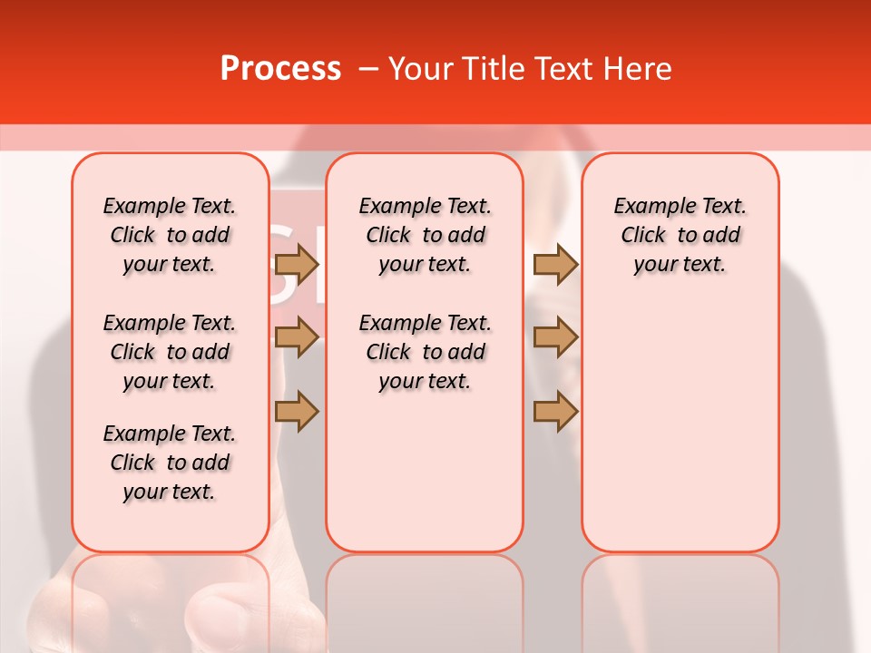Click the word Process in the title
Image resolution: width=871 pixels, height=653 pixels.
[x=280, y=69]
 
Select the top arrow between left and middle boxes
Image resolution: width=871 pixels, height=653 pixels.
[x=296, y=265]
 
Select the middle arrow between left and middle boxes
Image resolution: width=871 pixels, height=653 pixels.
[x=296, y=338]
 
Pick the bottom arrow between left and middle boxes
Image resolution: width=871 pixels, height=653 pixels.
[x=296, y=411]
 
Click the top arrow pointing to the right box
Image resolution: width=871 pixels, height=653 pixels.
[x=555, y=265]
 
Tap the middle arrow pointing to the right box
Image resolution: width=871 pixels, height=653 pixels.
[x=555, y=338]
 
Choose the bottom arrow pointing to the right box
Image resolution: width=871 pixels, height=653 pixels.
[x=555, y=411]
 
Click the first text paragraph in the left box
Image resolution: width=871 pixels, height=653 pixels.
[x=170, y=235]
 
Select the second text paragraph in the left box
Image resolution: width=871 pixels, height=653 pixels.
[x=170, y=352]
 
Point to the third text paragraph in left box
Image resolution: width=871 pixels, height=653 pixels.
[x=170, y=463]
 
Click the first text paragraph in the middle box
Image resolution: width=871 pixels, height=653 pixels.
[x=425, y=235]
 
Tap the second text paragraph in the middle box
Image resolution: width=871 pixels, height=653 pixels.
[x=425, y=352]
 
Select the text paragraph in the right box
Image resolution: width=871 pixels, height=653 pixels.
[x=680, y=235]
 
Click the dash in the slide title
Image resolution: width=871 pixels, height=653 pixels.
[x=368, y=69]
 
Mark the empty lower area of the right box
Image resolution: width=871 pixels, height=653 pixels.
[x=680, y=426]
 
